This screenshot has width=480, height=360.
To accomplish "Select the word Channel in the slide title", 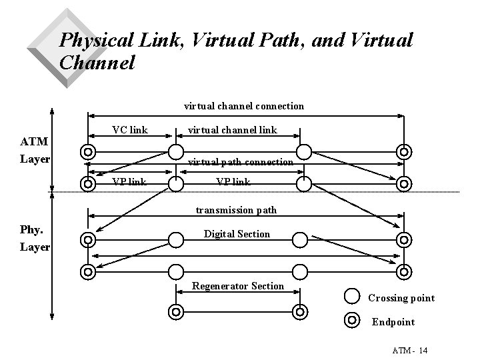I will pos(97,63).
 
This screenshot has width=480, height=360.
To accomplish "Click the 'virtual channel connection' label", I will pos(243,106).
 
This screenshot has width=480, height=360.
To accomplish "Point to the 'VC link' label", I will pos(129,129).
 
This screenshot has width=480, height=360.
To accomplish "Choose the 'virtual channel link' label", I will pos(231,129).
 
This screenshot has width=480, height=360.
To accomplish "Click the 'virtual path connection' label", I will pos(240,162).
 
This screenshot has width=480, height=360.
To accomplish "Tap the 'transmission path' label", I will pos(236,210).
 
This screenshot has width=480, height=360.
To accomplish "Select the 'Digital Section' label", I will pos(237,234).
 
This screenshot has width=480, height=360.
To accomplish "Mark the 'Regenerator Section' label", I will pos(238,286).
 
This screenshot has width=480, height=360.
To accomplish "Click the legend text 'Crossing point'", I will pos(401,298).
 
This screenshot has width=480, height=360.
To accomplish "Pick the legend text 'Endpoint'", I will pos(393,322).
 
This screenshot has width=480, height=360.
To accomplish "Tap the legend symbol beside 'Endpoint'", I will pos(353,320).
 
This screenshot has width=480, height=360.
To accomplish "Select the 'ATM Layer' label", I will pos(34,151).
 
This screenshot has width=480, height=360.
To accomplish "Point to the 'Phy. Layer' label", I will pos(35,238).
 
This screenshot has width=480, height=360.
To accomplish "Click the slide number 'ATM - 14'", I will pos(410,351).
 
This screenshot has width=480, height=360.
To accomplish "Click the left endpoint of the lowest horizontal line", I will pos(175,311).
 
